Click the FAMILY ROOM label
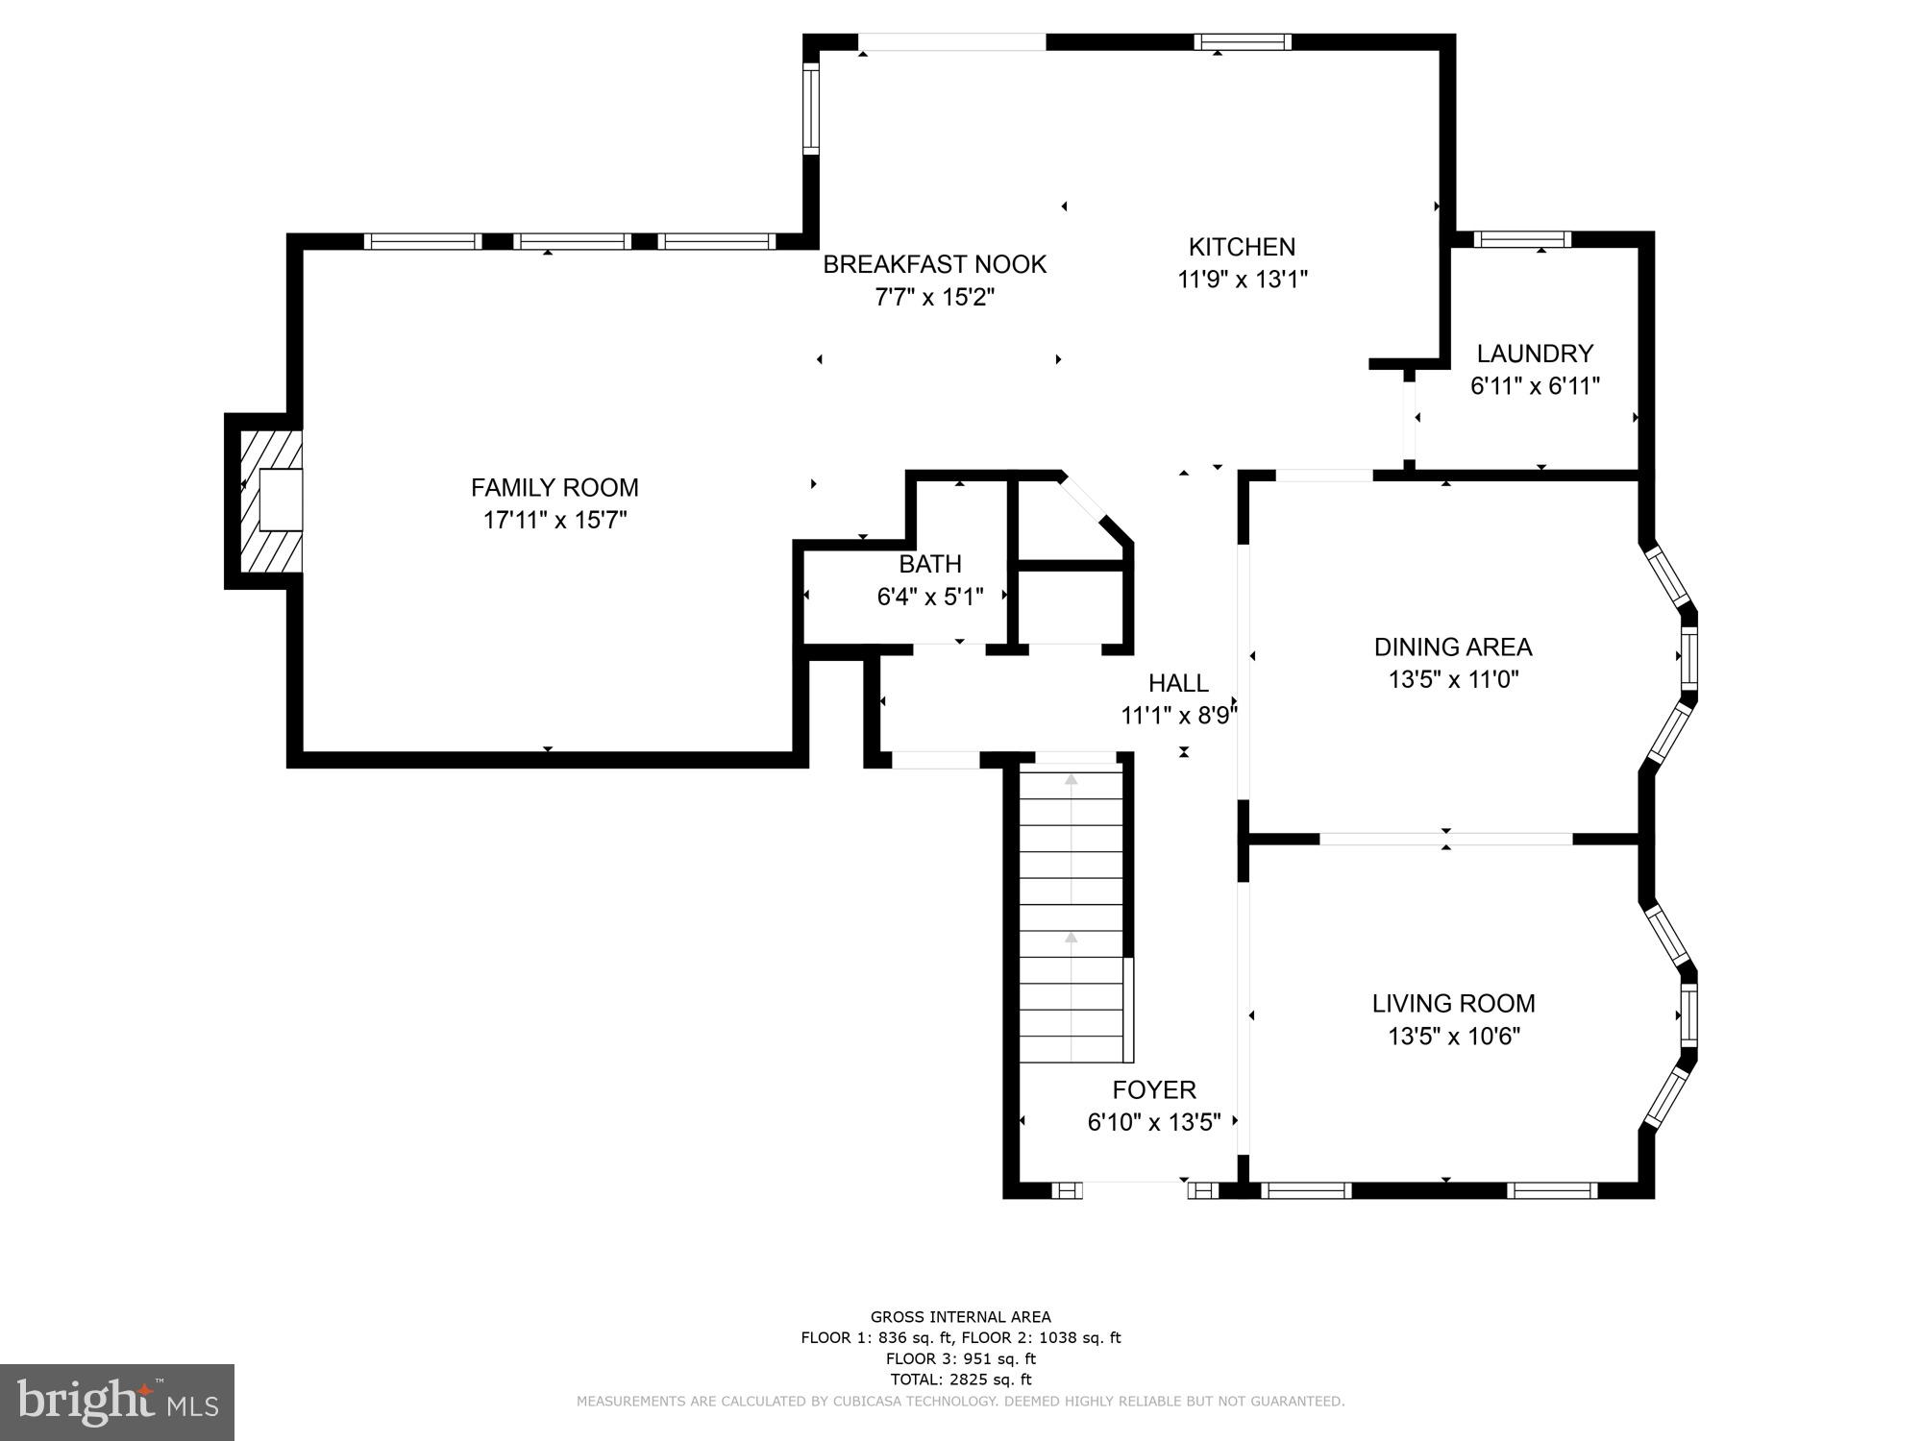click(x=554, y=488)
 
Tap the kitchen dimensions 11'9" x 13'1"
click(x=1243, y=280)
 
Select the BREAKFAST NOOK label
click(x=934, y=264)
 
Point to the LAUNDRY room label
click(x=1535, y=354)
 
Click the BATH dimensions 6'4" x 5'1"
click(x=929, y=598)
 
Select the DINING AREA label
click(x=1452, y=647)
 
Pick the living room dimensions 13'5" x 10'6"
click(x=1453, y=1037)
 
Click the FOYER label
click(x=1153, y=1089)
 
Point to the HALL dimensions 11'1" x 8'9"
click(x=1178, y=716)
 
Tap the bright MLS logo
click(x=117, y=1402)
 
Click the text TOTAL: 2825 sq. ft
click(x=960, y=1380)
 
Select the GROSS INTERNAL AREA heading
click(x=960, y=1317)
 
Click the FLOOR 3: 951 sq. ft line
click(x=960, y=1358)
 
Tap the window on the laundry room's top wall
click(x=1522, y=239)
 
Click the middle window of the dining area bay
click(x=1688, y=658)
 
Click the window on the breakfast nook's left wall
click(x=810, y=109)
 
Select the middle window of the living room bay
click(x=1688, y=1014)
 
